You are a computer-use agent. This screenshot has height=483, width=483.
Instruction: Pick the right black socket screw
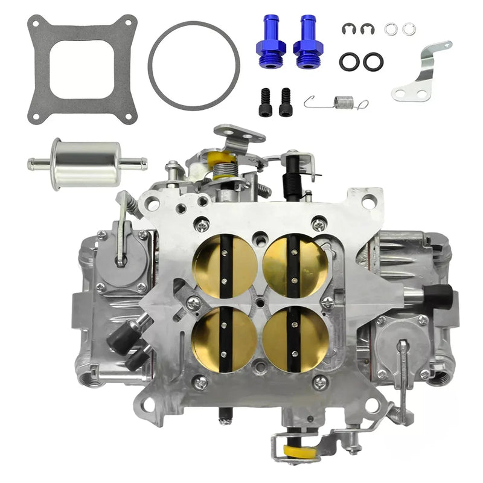pyautogui.click(x=285, y=102)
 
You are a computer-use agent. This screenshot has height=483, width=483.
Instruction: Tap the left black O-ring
pyautogui.click(x=349, y=62)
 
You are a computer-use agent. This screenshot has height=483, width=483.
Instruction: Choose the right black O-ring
pyautogui.click(x=373, y=62)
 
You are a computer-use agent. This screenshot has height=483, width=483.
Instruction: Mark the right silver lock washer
pyautogui.click(x=409, y=28)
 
